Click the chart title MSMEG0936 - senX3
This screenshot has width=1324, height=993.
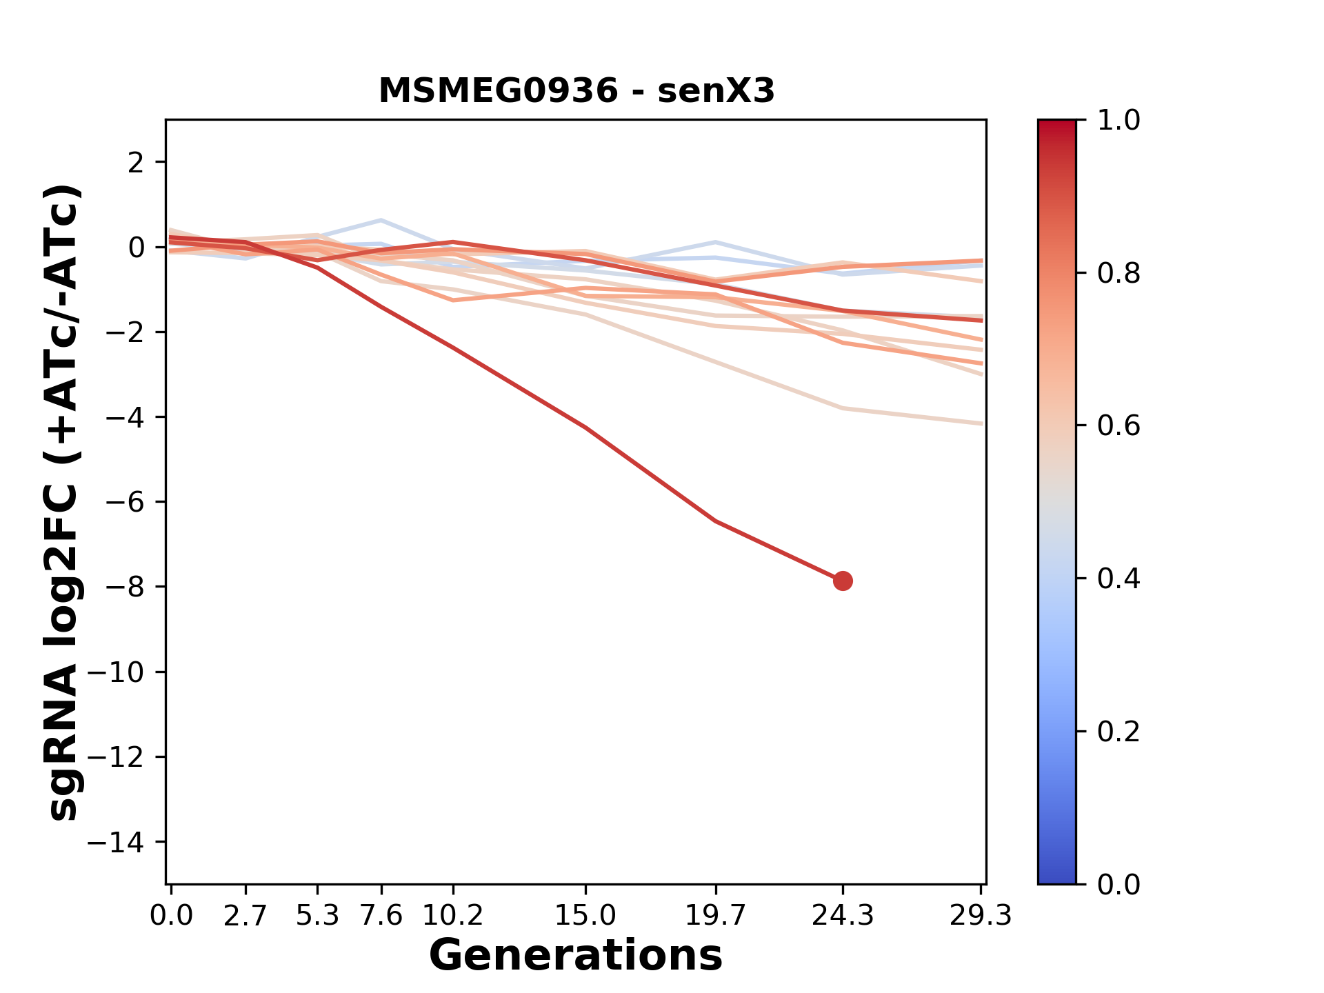tap(576, 91)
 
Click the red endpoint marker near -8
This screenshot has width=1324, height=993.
tap(843, 581)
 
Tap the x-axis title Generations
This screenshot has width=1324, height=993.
tap(576, 956)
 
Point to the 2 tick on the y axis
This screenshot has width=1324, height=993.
tap(137, 163)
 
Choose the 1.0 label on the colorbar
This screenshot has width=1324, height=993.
tap(1119, 121)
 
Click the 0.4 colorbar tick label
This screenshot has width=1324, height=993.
tap(1119, 579)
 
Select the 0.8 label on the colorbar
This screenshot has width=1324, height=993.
tap(1119, 274)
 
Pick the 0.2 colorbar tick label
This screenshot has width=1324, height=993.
tap(1119, 731)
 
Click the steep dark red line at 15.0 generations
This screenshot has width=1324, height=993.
tap(585, 428)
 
